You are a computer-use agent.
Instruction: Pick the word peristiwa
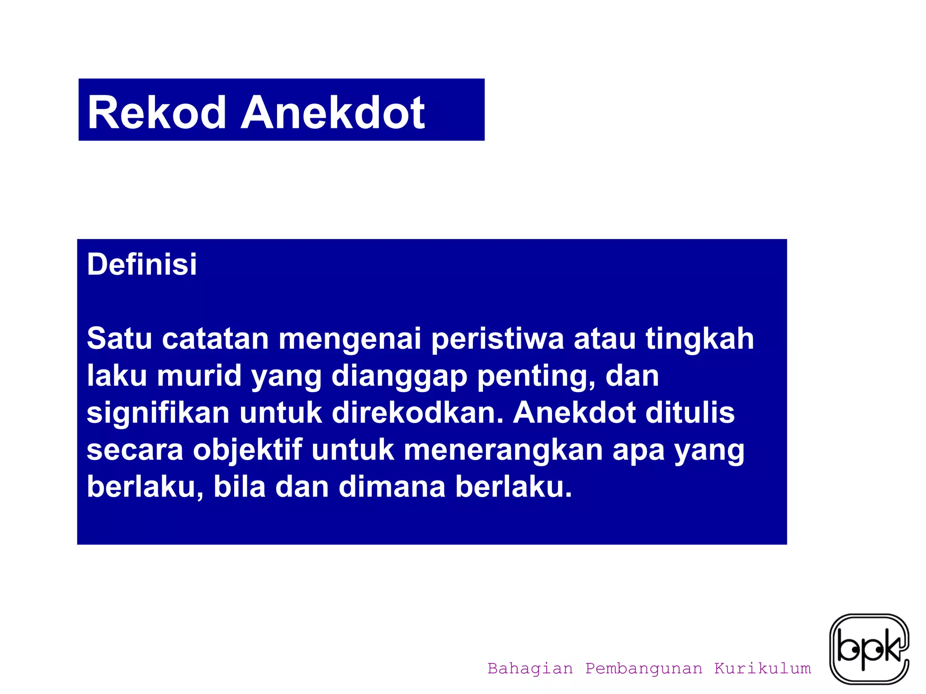(497, 339)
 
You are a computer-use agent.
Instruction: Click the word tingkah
(699, 339)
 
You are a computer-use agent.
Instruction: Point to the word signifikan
(158, 413)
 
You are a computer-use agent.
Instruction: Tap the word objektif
(247, 450)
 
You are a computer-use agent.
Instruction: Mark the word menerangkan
(503, 450)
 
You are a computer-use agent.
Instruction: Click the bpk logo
(869, 648)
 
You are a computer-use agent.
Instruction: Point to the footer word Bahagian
(530, 668)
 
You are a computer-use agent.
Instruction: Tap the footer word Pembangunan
(644, 668)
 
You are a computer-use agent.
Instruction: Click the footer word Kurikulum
(762, 668)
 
